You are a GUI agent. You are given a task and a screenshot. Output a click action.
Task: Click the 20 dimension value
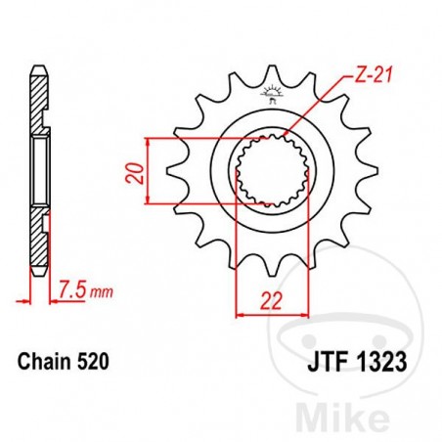(136, 172)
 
